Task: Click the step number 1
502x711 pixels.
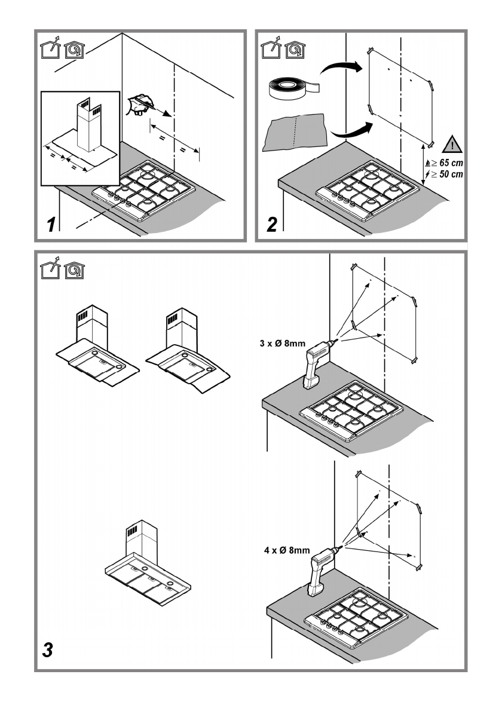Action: point(53,225)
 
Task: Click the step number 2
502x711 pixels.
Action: point(272,225)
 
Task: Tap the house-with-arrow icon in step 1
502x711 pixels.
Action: point(53,48)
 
